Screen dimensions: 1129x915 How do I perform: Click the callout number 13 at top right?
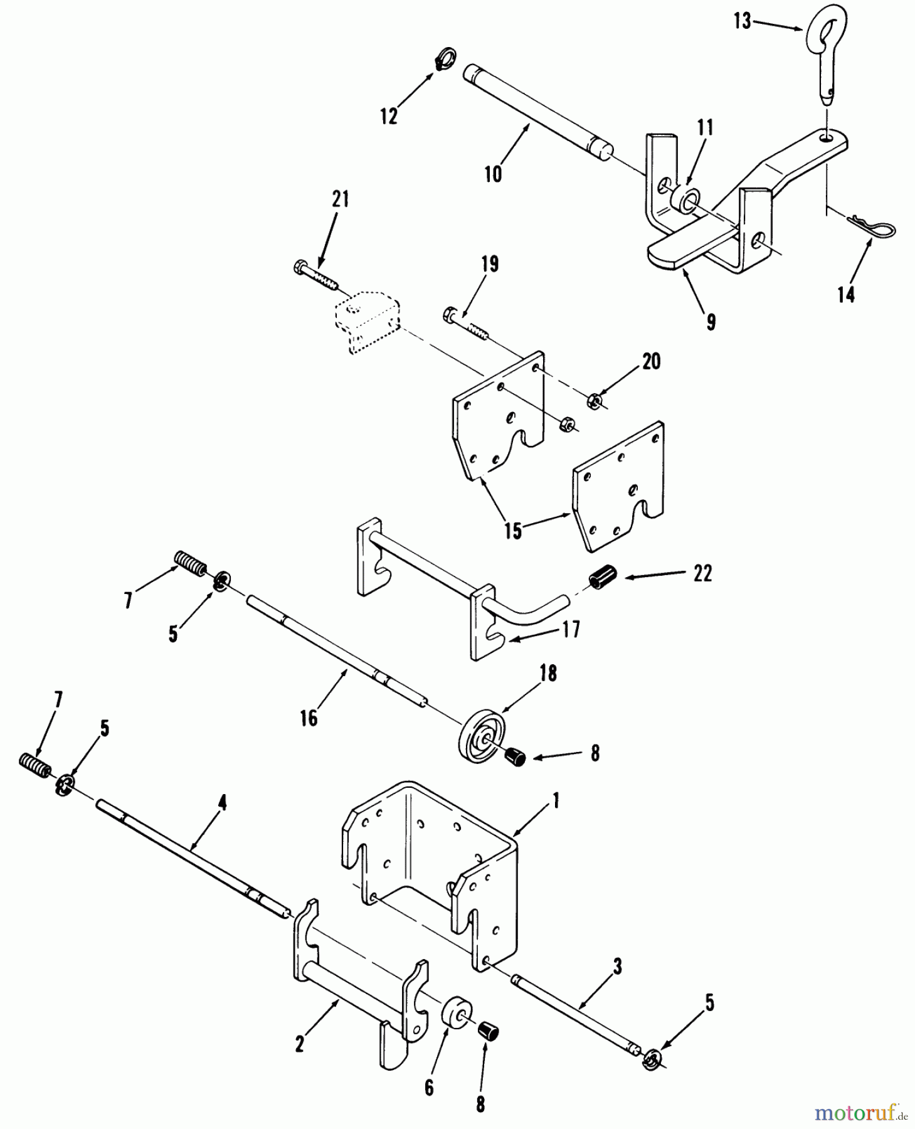pyautogui.click(x=743, y=21)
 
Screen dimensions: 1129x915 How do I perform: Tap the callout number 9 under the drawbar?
pyautogui.click(x=711, y=322)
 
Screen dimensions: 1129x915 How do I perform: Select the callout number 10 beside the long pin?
pyautogui.click(x=494, y=174)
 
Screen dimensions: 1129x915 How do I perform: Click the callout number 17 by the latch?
pyautogui.click(x=571, y=628)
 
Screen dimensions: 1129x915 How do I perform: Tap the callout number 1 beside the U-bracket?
pyautogui.click(x=555, y=800)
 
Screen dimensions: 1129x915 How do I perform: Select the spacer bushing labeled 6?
pyautogui.click(x=457, y=1015)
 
